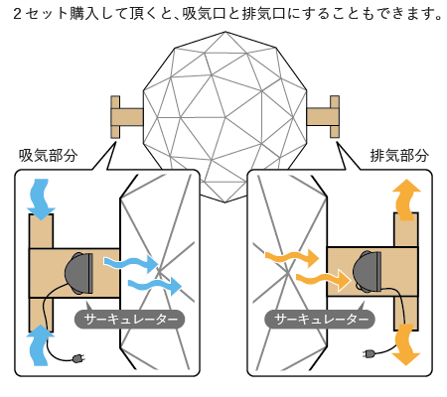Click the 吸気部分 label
point(49,155)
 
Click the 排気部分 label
point(399,155)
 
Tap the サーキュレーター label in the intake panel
point(129,320)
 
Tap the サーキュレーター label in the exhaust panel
point(320,320)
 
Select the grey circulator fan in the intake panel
point(79,273)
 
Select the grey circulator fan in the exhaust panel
point(368,272)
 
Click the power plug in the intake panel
point(78,358)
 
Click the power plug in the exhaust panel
point(370,353)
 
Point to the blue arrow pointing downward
point(41,199)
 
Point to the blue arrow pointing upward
point(40,345)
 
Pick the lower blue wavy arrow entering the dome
point(155,286)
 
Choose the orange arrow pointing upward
point(406,199)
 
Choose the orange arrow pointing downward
point(406,344)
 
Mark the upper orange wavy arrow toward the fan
point(292,257)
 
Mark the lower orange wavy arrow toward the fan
point(323,280)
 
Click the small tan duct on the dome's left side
point(126,117)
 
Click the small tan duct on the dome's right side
point(323,117)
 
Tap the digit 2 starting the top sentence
point(17,14)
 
